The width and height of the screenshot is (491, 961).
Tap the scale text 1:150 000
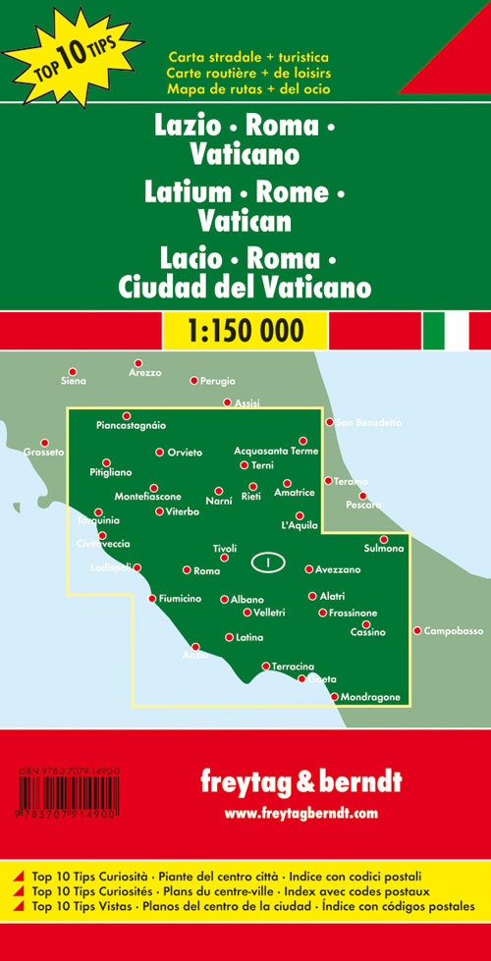click(x=245, y=330)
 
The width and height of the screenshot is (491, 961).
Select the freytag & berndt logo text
click(x=300, y=782)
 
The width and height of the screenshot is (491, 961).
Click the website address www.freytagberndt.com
click(x=300, y=813)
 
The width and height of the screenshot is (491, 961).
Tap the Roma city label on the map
click(x=207, y=570)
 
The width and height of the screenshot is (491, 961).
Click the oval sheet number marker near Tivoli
click(x=267, y=562)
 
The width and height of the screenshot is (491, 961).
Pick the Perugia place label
click(x=218, y=380)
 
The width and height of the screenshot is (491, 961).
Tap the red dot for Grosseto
click(x=43, y=443)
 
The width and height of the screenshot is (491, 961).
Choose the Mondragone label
click(x=371, y=697)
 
